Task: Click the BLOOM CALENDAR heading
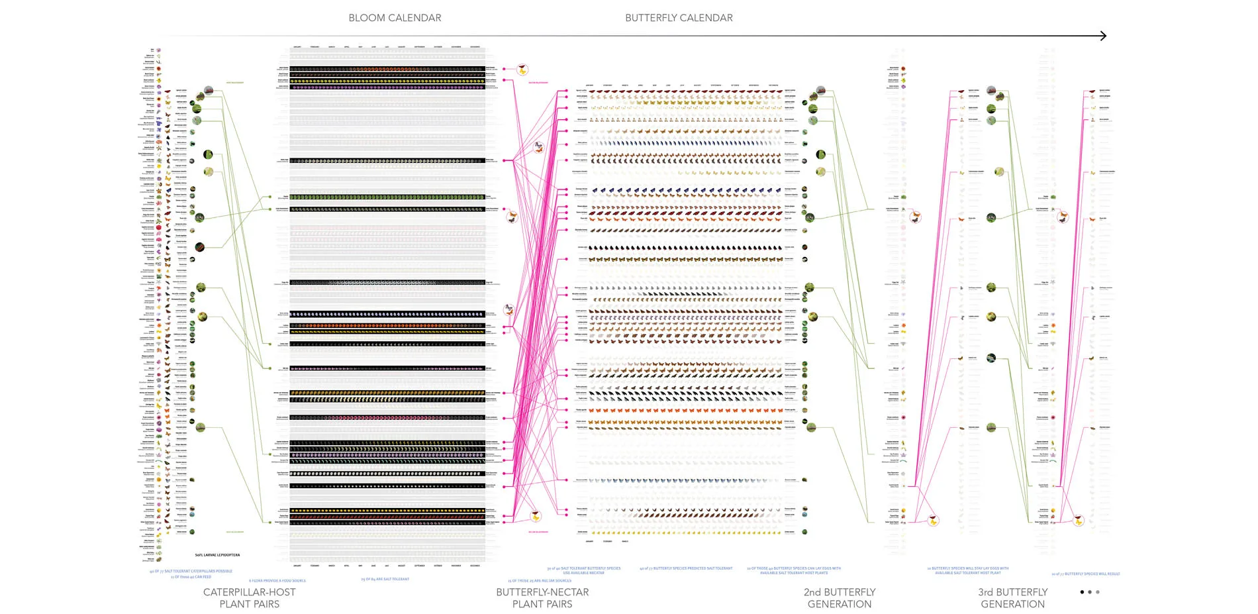click(x=395, y=18)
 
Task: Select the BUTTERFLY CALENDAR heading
click(x=679, y=18)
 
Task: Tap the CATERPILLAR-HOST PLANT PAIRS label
click(x=250, y=597)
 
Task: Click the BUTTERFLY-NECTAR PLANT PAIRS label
click(x=542, y=597)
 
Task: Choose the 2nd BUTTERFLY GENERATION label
click(x=840, y=597)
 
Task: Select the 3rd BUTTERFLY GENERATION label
click(x=1012, y=597)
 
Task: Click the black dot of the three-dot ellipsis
click(x=1082, y=592)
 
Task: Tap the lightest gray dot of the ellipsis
click(x=1098, y=592)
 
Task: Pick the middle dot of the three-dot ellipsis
click(x=1090, y=592)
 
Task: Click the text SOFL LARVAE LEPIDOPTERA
click(x=217, y=555)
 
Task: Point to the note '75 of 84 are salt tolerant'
click(x=385, y=579)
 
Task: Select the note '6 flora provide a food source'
click(x=277, y=581)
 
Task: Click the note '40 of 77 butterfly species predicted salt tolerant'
click(x=686, y=568)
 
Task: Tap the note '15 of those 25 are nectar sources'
click(x=539, y=581)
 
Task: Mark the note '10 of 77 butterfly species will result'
click(x=1085, y=574)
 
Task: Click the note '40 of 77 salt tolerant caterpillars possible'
click(x=191, y=571)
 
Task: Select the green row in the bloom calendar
click(x=387, y=197)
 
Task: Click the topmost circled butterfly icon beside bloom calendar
click(x=523, y=69)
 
